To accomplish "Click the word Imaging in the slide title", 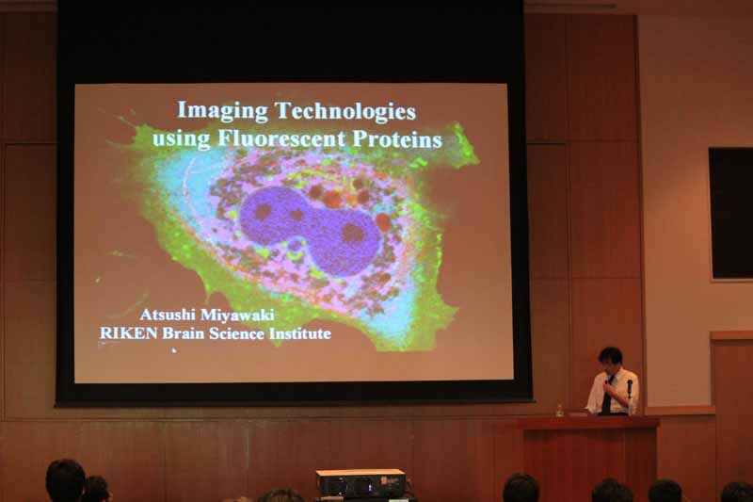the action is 222,111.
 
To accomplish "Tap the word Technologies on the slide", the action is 345,110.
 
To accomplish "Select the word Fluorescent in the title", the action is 281,138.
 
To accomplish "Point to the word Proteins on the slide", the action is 397,138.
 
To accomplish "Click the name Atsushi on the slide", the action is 168,315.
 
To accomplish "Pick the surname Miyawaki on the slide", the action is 237,315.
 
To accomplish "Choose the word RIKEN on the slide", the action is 128,332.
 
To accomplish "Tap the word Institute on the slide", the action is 300,332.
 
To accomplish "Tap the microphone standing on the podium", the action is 630,395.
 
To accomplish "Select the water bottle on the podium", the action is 559,410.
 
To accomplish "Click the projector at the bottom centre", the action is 361,483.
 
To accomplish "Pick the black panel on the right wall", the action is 731,213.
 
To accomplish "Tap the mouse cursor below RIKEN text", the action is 174,350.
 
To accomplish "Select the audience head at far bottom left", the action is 66,480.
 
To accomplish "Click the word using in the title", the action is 182,139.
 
